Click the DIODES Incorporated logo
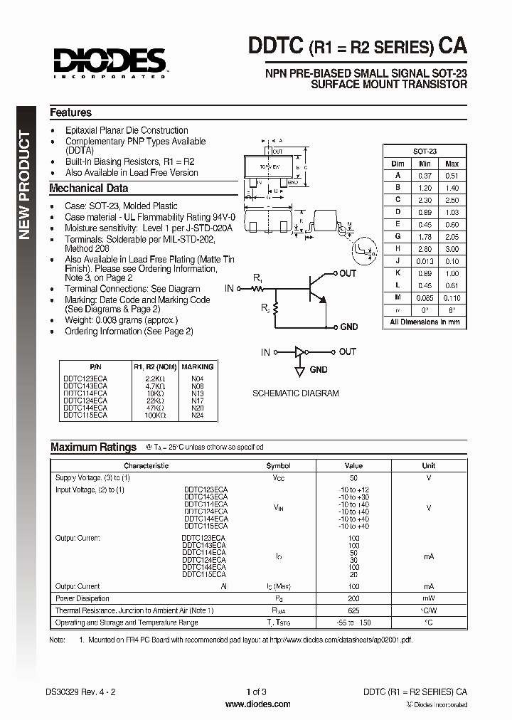tap(107, 62)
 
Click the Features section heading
tap(70, 112)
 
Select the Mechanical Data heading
tap(88, 189)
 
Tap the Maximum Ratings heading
tap(93, 447)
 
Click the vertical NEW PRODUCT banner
tap(25, 185)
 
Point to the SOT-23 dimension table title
tap(425, 152)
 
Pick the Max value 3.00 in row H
tap(452, 249)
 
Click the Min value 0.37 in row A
tap(425, 176)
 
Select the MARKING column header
tap(197, 367)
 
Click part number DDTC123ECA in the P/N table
tap(85, 378)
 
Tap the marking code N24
tap(197, 414)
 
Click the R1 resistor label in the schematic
tap(257, 278)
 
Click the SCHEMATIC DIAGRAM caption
tap(296, 393)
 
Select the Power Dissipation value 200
tap(353, 598)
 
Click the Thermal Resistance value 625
tap(353, 610)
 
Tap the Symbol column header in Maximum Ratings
tap(278, 466)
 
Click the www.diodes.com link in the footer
tap(257, 704)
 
